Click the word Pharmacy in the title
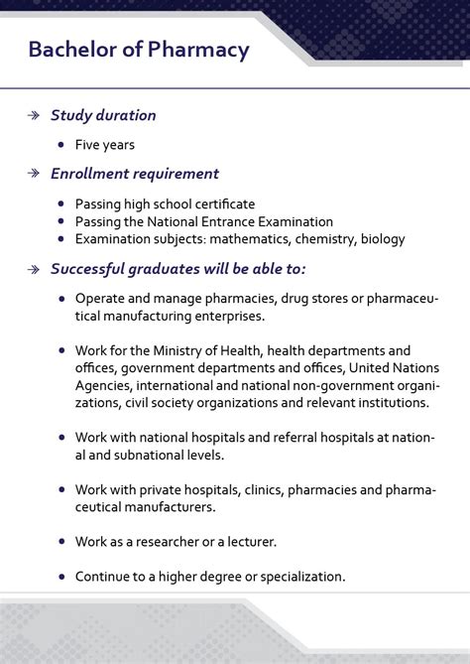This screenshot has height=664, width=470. point(201,50)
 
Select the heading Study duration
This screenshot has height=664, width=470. point(103,115)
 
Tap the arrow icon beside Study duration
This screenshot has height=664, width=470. point(34,115)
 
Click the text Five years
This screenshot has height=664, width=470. point(104,145)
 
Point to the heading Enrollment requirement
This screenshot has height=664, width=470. point(135,174)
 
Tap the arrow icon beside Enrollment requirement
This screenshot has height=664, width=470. point(34,174)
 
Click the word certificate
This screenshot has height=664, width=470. point(220,203)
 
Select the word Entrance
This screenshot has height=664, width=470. point(223,221)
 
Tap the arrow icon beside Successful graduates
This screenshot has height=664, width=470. point(34,269)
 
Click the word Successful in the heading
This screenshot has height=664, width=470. point(89,269)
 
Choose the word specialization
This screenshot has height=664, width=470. point(296,576)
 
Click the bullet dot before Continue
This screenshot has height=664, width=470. point(61,576)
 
